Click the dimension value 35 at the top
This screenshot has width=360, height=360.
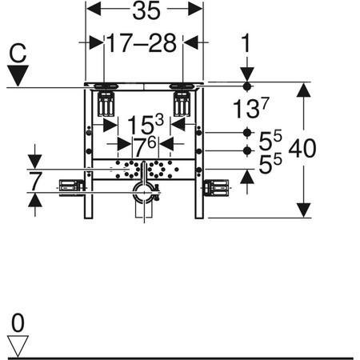point(146,11)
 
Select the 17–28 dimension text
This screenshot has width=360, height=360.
point(142,43)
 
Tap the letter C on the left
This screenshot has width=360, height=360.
point(18,53)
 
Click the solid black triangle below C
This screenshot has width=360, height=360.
point(18,75)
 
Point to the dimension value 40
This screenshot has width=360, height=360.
point(302,148)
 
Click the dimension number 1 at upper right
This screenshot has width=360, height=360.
point(246,42)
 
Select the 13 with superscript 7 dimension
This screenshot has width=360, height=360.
point(251,107)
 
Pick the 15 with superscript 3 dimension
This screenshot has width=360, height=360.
point(146,124)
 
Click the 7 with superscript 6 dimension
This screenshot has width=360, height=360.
point(144,147)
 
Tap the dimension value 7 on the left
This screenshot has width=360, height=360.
point(36,182)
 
